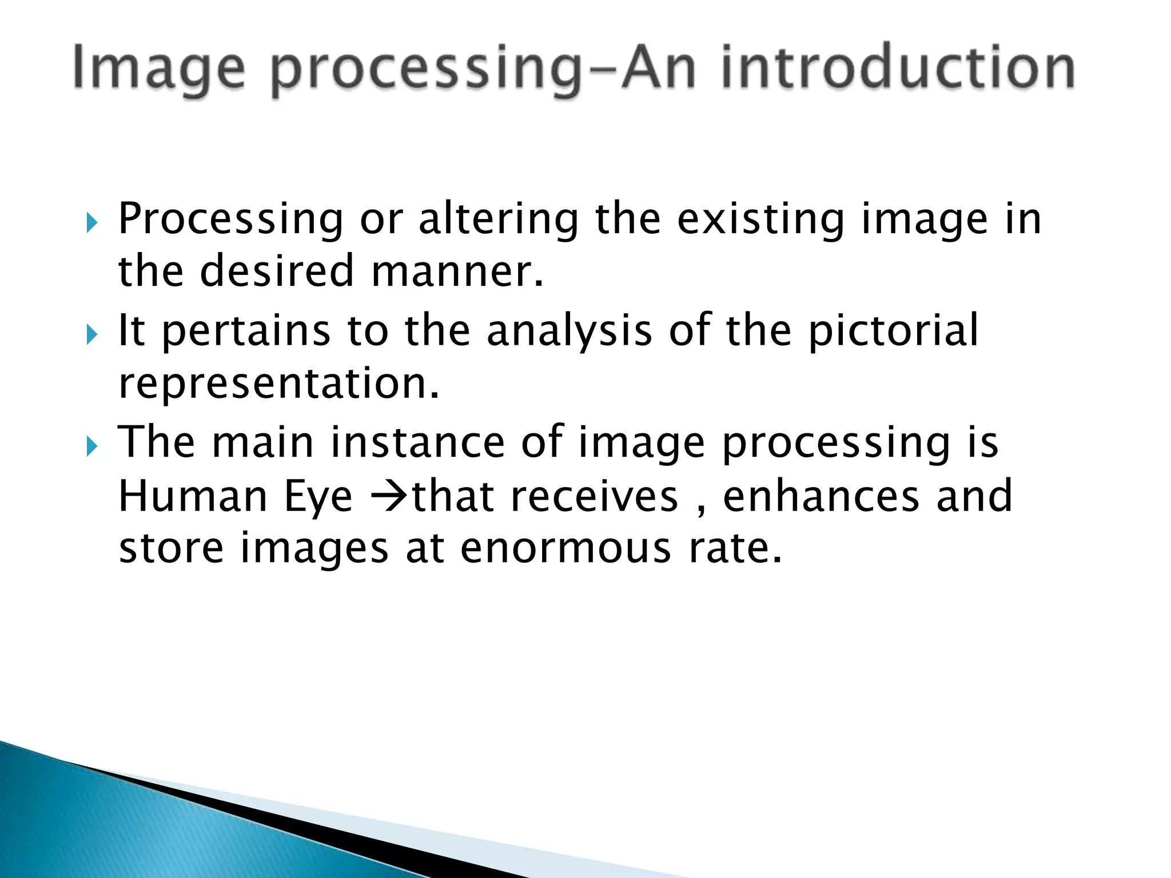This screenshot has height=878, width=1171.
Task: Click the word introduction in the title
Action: (x=898, y=69)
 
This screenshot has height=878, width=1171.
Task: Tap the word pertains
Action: (x=246, y=332)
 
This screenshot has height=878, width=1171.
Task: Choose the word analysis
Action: (x=569, y=332)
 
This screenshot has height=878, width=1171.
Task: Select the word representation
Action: (x=279, y=384)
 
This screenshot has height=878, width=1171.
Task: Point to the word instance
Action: (x=417, y=442)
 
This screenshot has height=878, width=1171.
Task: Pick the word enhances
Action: (x=821, y=496)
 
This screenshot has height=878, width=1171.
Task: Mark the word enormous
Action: (x=565, y=549)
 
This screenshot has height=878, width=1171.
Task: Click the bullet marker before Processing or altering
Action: (x=92, y=223)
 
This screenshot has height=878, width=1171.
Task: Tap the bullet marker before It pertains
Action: (x=92, y=334)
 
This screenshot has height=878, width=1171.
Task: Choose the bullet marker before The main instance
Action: (x=92, y=445)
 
